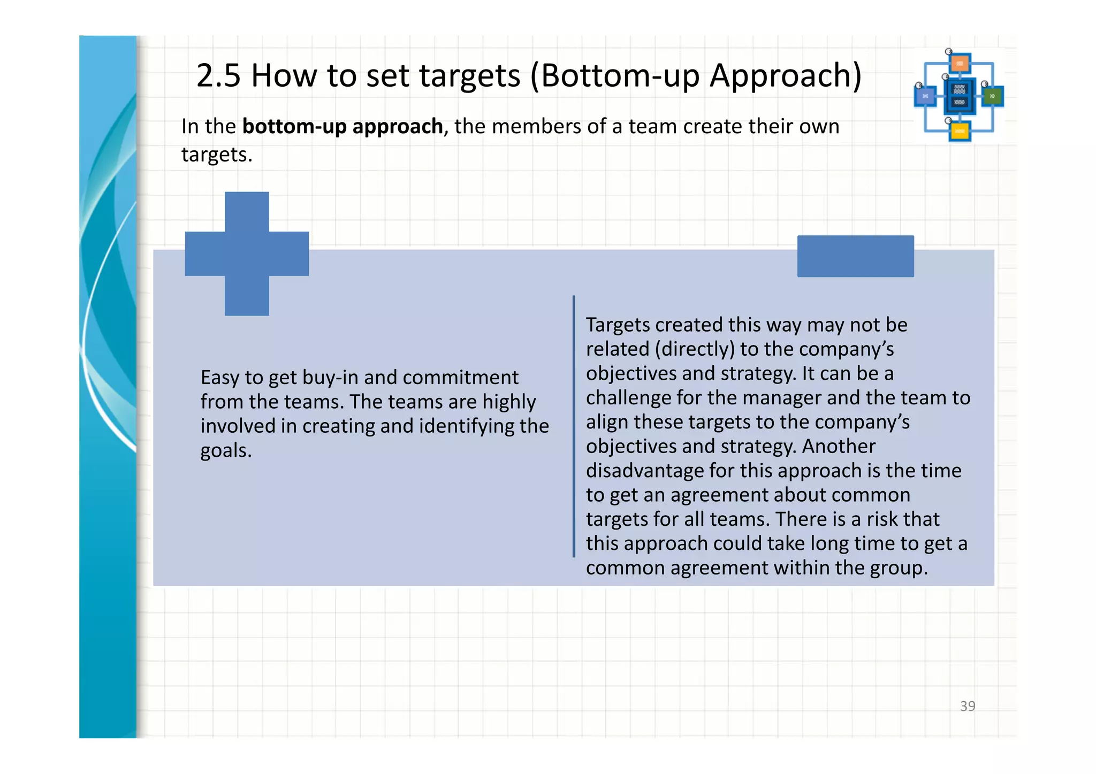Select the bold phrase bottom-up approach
pos(342,127)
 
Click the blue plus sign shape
pos(247,254)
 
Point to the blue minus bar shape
pos(855,256)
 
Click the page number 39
pos(968,706)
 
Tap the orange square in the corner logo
pos(960,64)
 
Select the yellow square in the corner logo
pos(960,131)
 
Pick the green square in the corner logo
pos(993,96)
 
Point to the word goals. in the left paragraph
pos(226,450)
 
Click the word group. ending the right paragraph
pos(899,568)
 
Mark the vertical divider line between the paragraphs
pos(574,426)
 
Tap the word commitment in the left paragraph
pos(461,378)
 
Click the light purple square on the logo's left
pos(925,96)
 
